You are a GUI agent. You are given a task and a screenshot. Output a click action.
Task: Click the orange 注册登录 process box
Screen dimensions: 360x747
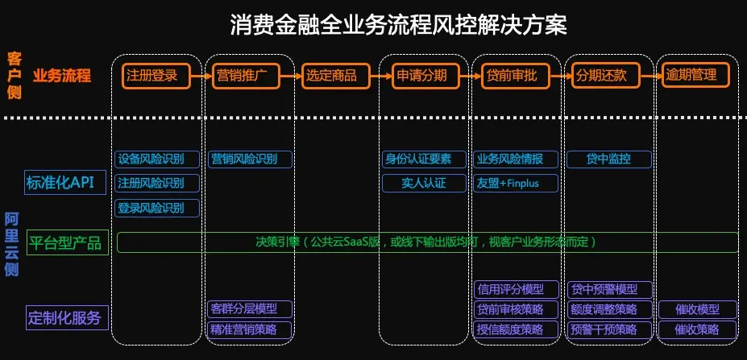point(156,76)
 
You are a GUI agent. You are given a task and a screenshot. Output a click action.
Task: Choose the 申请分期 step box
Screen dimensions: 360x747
point(427,76)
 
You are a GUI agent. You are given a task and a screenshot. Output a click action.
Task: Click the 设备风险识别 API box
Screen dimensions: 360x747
point(156,159)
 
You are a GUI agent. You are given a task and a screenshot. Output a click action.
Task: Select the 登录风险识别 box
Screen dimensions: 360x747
point(156,208)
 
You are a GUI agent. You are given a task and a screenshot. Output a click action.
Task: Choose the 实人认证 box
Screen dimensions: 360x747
point(425,183)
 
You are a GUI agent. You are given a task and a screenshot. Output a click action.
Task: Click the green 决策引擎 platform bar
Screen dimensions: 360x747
point(427,242)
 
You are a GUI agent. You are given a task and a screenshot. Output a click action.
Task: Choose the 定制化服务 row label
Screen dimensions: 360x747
point(65,317)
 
